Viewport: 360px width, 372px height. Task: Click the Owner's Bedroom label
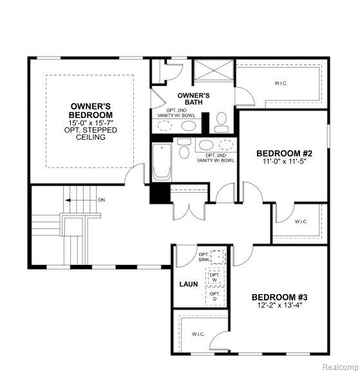pyautogui.click(x=91, y=110)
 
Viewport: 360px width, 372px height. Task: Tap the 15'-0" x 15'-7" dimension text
pyautogui.click(x=91, y=123)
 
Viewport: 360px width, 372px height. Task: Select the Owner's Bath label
pyautogui.click(x=193, y=99)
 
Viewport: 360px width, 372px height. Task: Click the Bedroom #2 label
pyautogui.click(x=284, y=153)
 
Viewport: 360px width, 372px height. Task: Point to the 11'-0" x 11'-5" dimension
pyautogui.click(x=284, y=161)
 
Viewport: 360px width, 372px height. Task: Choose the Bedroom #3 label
pyautogui.click(x=279, y=297)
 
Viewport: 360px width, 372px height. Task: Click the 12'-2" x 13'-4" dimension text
pyautogui.click(x=279, y=305)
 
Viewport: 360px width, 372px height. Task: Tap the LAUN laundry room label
pyautogui.click(x=189, y=284)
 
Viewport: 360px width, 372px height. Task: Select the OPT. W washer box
pyautogui.click(x=214, y=277)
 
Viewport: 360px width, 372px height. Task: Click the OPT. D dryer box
pyautogui.click(x=214, y=296)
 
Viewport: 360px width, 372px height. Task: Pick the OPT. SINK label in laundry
pyautogui.click(x=204, y=257)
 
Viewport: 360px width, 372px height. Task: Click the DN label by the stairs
pyautogui.click(x=102, y=200)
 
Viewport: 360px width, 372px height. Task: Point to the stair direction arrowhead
pyautogui.click(x=68, y=201)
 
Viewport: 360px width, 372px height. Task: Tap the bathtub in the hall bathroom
pyautogui.click(x=162, y=162)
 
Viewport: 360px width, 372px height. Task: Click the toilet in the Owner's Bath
pyautogui.click(x=222, y=122)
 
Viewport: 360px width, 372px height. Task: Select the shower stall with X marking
pyautogui.click(x=214, y=70)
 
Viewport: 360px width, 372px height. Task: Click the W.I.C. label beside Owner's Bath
pyautogui.click(x=281, y=83)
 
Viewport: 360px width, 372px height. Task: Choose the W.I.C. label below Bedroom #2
pyautogui.click(x=301, y=222)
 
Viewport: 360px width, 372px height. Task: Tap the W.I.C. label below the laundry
pyautogui.click(x=198, y=334)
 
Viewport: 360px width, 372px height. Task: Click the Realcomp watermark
pyautogui.click(x=341, y=367)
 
